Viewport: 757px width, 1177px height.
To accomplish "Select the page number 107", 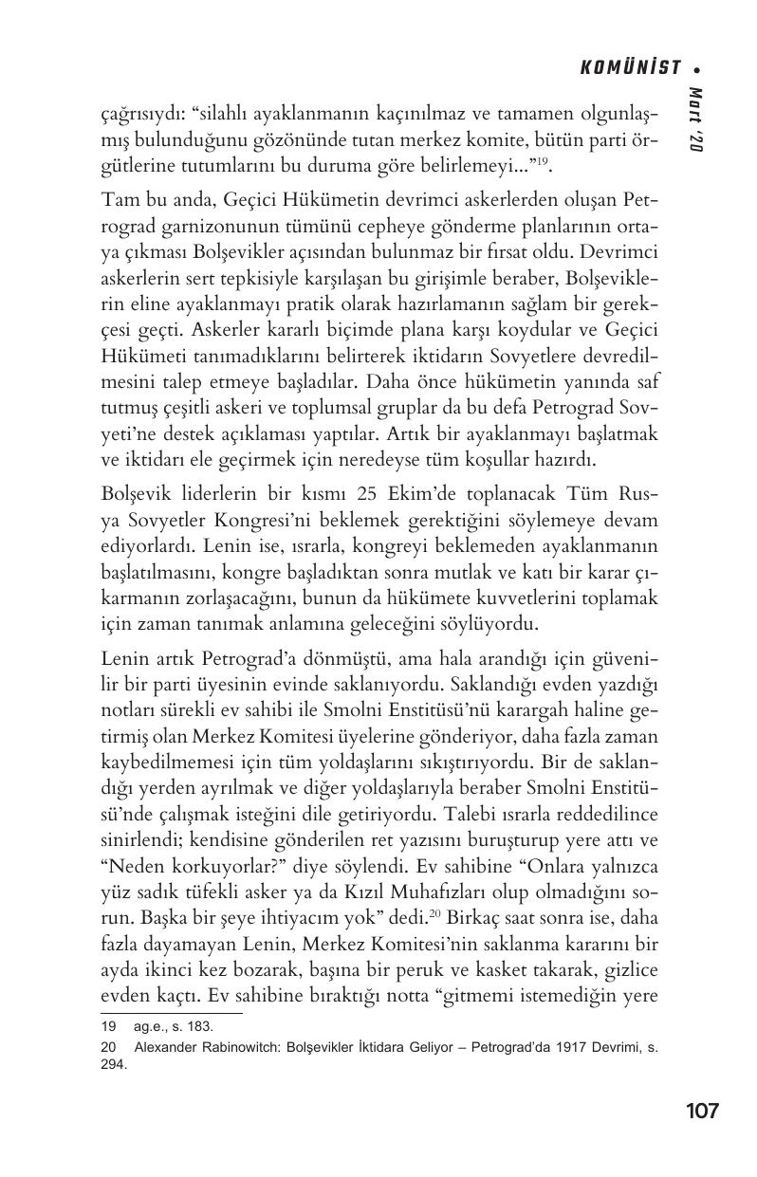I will point(701,1111).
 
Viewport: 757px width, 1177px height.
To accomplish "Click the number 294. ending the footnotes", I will point(114,1064).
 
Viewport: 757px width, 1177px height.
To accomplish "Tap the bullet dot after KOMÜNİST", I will point(697,69).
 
